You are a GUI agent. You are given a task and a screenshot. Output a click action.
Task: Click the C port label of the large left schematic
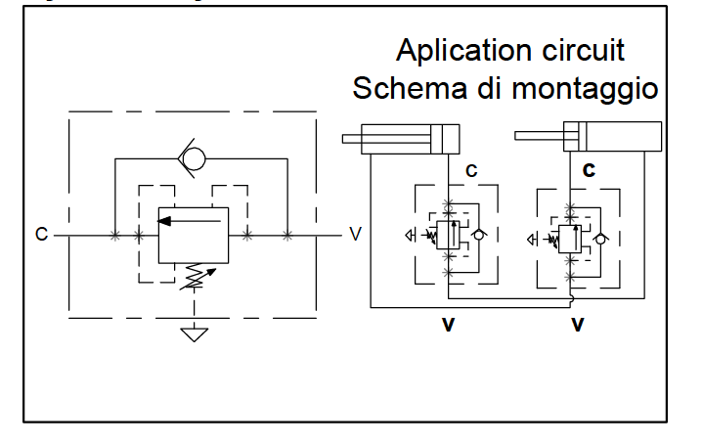click(41, 235)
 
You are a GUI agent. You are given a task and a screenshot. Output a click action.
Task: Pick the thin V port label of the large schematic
click(355, 235)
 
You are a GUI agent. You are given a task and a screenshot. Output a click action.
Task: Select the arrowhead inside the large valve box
click(166, 220)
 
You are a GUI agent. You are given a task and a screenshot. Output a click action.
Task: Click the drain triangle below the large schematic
click(194, 334)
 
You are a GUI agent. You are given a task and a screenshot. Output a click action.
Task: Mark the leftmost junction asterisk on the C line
click(115, 235)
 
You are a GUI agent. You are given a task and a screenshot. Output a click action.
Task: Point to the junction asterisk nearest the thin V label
click(287, 235)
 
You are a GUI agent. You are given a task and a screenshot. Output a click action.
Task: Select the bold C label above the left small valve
click(471, 170)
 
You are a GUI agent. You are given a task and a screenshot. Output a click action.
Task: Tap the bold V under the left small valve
click(448, 324)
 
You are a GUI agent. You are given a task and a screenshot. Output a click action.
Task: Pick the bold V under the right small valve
click(578, 324)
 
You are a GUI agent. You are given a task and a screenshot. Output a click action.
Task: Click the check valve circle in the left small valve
click(478, 235)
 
